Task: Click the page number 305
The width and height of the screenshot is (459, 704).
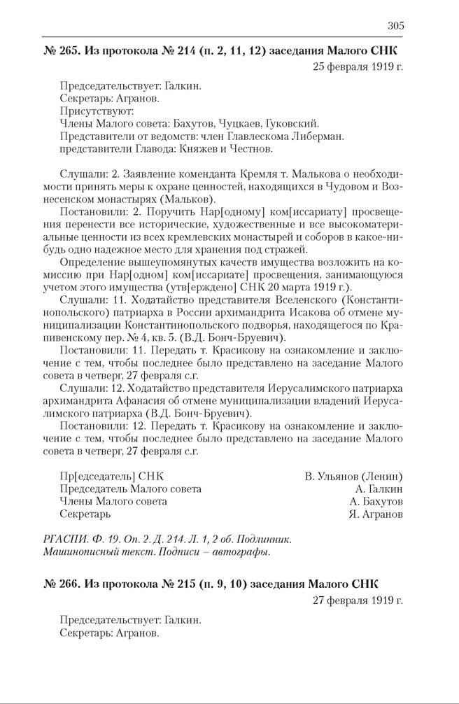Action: point(395,26)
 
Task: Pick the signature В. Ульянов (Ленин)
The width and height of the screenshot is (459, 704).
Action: point(353,476)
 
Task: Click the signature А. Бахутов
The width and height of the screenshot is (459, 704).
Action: point(376,501)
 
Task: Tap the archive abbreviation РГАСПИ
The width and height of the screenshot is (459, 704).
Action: point(63,538)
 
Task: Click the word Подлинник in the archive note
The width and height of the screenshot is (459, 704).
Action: point(262,538)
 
